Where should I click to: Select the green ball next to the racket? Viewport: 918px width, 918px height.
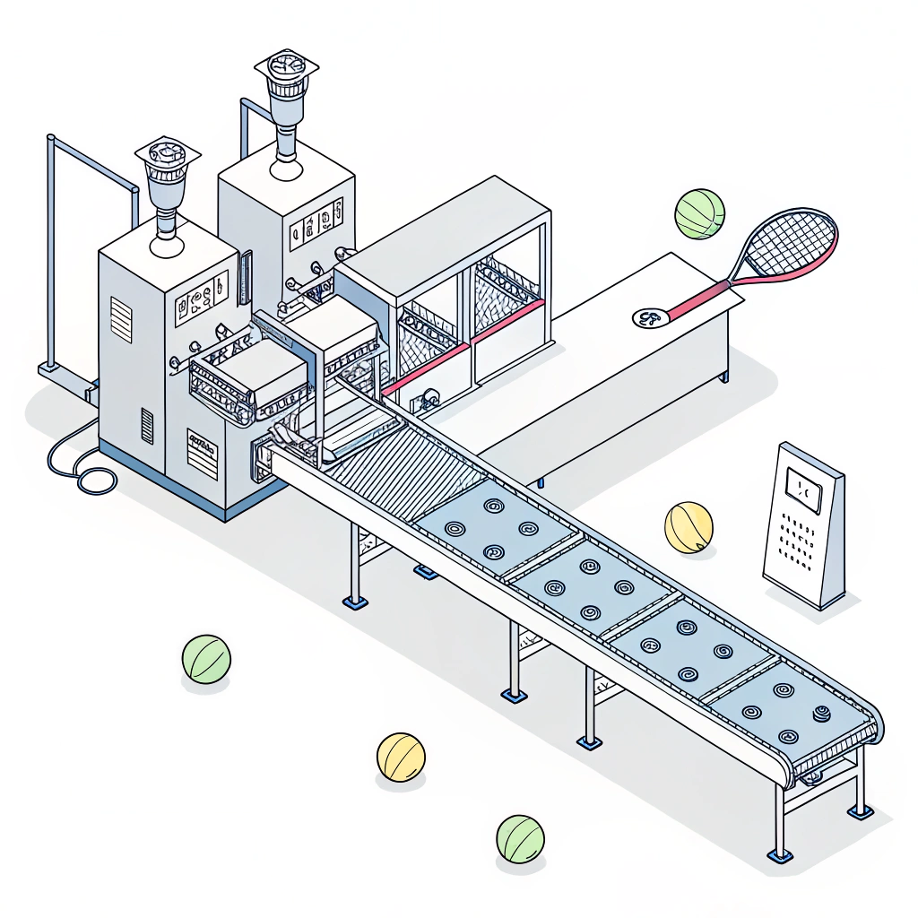pyautogui.click(x=699, y=213)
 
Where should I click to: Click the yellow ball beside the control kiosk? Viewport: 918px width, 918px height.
pyautogui.click(x=688, y=527)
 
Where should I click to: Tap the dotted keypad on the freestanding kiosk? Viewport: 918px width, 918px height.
pyautogui.click(x=796, y=541)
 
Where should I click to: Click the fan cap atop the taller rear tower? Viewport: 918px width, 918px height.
pyautogui.click(x=287, y=72)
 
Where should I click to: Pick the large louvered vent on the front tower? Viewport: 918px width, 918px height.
pyautogui.click(x=121, y=319)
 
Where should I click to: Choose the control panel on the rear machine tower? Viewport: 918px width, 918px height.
pyautogui.click(x=317, y=220)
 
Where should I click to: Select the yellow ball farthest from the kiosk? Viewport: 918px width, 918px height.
pyautogui.click(x=400, y=757)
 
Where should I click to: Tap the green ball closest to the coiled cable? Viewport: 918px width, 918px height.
pyautogui.click(x=206, y=659)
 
